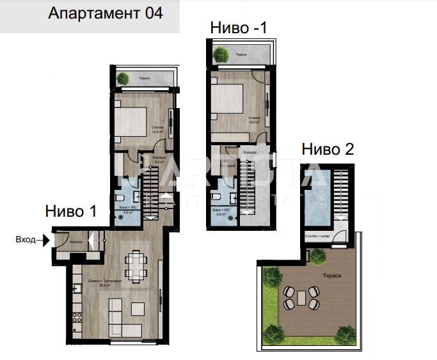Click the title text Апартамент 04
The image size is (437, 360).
tap(106, 13)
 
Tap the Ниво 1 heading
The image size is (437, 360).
tap(70, 212)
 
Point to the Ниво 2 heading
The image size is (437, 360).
tap(328, 150)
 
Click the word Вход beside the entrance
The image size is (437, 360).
tap(25, 240)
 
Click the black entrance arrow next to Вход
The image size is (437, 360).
tap(44, 240)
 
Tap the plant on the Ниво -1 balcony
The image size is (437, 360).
tap(220, 54)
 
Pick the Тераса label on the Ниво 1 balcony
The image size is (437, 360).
tap(145, 78)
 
